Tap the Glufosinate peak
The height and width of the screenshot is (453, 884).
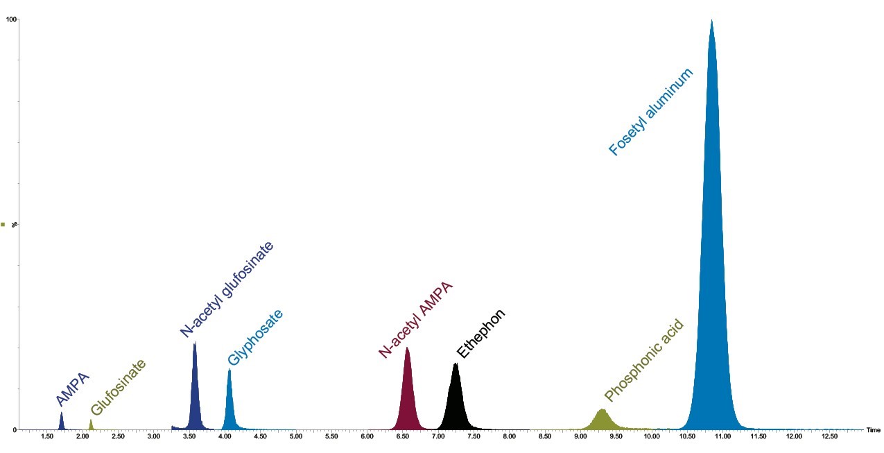point(91,425)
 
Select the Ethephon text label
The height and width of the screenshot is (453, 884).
point(481,334)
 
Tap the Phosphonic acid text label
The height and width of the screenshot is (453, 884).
point(644,361)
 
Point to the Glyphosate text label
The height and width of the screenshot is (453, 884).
point(256,338)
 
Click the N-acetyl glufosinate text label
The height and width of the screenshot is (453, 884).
point(227,289)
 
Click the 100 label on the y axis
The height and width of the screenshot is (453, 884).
point(11,19)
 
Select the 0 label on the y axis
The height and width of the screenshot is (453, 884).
point(14,430)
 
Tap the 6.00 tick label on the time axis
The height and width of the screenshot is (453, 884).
point(367,436)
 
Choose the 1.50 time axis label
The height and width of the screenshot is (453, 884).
point(47,436)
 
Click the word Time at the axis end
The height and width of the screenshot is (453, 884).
point(873,431)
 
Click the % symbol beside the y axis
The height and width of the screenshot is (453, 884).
point(14,225)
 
